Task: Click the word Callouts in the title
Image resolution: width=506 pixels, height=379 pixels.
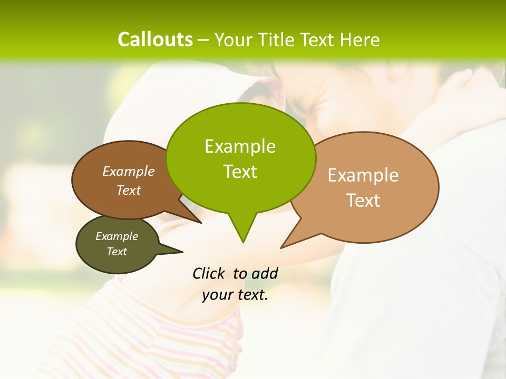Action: click(x=155, y=40)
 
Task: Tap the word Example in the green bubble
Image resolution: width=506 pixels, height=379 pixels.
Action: click(x=240, y=146)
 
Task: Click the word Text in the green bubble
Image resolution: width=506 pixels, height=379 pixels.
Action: click(x=240, y=172)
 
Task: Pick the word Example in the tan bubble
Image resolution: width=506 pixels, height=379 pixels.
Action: click(x=363, y=175)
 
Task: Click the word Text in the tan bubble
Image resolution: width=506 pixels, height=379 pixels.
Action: click(x=363, y=201)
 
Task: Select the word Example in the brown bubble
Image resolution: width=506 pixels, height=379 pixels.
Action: click(x=129, y=172)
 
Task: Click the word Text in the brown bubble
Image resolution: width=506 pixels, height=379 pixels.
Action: click(x=129, y=191)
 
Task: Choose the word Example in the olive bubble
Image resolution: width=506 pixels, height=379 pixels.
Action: click(x=116, y=236)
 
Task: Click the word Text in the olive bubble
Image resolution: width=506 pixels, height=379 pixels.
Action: click(x=116, y=252)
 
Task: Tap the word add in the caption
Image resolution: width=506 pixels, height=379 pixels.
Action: click(x=265, y=273)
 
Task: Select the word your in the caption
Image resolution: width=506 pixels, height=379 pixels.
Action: click(x=217, y=295)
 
